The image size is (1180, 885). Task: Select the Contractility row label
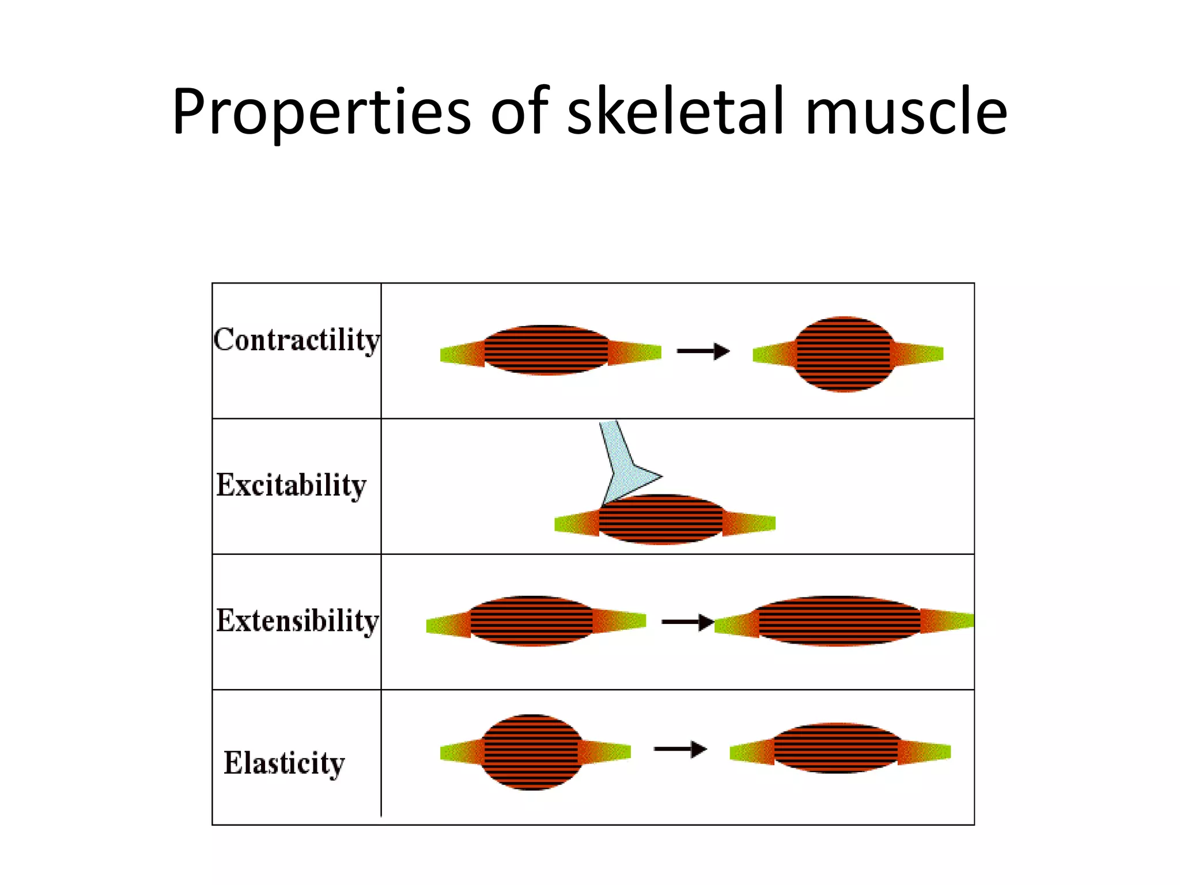pos(297,340)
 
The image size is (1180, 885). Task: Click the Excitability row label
pos(292,485)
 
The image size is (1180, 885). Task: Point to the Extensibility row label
pos(297,621)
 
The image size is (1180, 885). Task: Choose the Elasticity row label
pos(284,763)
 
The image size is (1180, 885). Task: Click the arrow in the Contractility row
pos(703,351)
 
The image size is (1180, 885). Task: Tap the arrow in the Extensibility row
pos(688,622)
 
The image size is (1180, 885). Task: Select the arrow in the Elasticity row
pos(680,749)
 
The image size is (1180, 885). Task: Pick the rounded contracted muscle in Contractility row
pos(844,354)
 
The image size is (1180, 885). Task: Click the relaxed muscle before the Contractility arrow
pos(546,350)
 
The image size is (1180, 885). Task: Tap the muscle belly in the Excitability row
pos(661,520)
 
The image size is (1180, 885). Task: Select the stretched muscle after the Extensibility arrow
pos(839,621)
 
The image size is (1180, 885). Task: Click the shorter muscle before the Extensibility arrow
pos(531,621)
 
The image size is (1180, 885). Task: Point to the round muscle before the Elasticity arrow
pos(531,752)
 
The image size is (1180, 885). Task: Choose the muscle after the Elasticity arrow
pos(836,748)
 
